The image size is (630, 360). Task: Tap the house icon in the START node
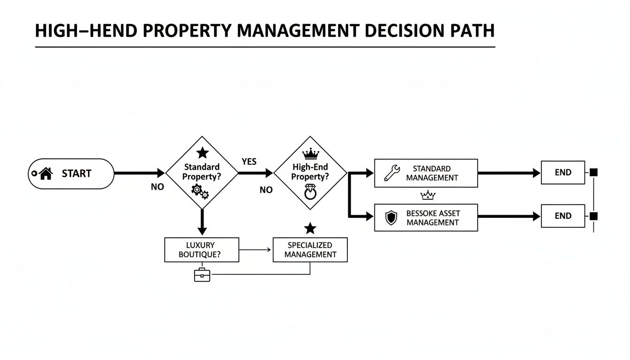[45, 174]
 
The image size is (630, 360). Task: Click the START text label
[76, 174]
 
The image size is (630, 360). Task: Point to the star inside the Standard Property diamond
[202, 152]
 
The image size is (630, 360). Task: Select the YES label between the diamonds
[249, 161]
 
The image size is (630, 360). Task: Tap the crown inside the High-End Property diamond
[310, 153]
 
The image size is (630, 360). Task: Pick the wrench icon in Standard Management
[391, 173]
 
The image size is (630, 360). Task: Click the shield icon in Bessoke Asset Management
[390, 218]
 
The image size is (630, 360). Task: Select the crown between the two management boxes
[428, 195]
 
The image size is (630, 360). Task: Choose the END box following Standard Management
[563, 172]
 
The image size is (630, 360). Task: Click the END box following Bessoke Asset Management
[563, 216]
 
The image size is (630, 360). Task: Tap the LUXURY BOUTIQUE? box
[202, 250]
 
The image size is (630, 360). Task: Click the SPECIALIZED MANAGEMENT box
[310, 250]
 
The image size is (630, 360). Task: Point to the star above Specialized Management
[310, 229]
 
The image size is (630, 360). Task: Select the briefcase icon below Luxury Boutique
[202, 275]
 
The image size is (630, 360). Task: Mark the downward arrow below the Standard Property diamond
[202, 223]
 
